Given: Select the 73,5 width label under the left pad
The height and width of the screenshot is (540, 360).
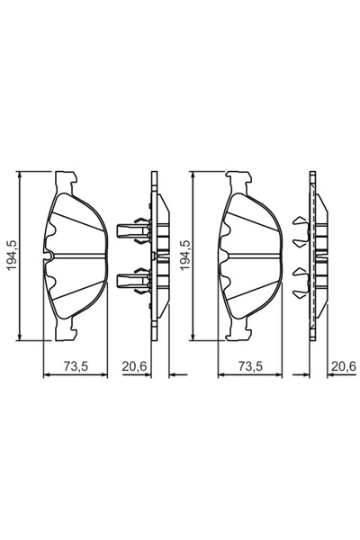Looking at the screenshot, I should (76, 365).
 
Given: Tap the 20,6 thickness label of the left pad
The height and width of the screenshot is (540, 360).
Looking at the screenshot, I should (135, 365).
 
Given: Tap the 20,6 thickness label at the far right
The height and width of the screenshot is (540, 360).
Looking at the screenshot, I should (342, 365).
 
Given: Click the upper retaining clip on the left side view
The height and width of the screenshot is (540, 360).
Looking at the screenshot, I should (133, 230).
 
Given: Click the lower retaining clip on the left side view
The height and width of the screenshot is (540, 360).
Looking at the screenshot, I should (133, 281).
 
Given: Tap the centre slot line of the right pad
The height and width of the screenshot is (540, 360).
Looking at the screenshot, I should (249, 256).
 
